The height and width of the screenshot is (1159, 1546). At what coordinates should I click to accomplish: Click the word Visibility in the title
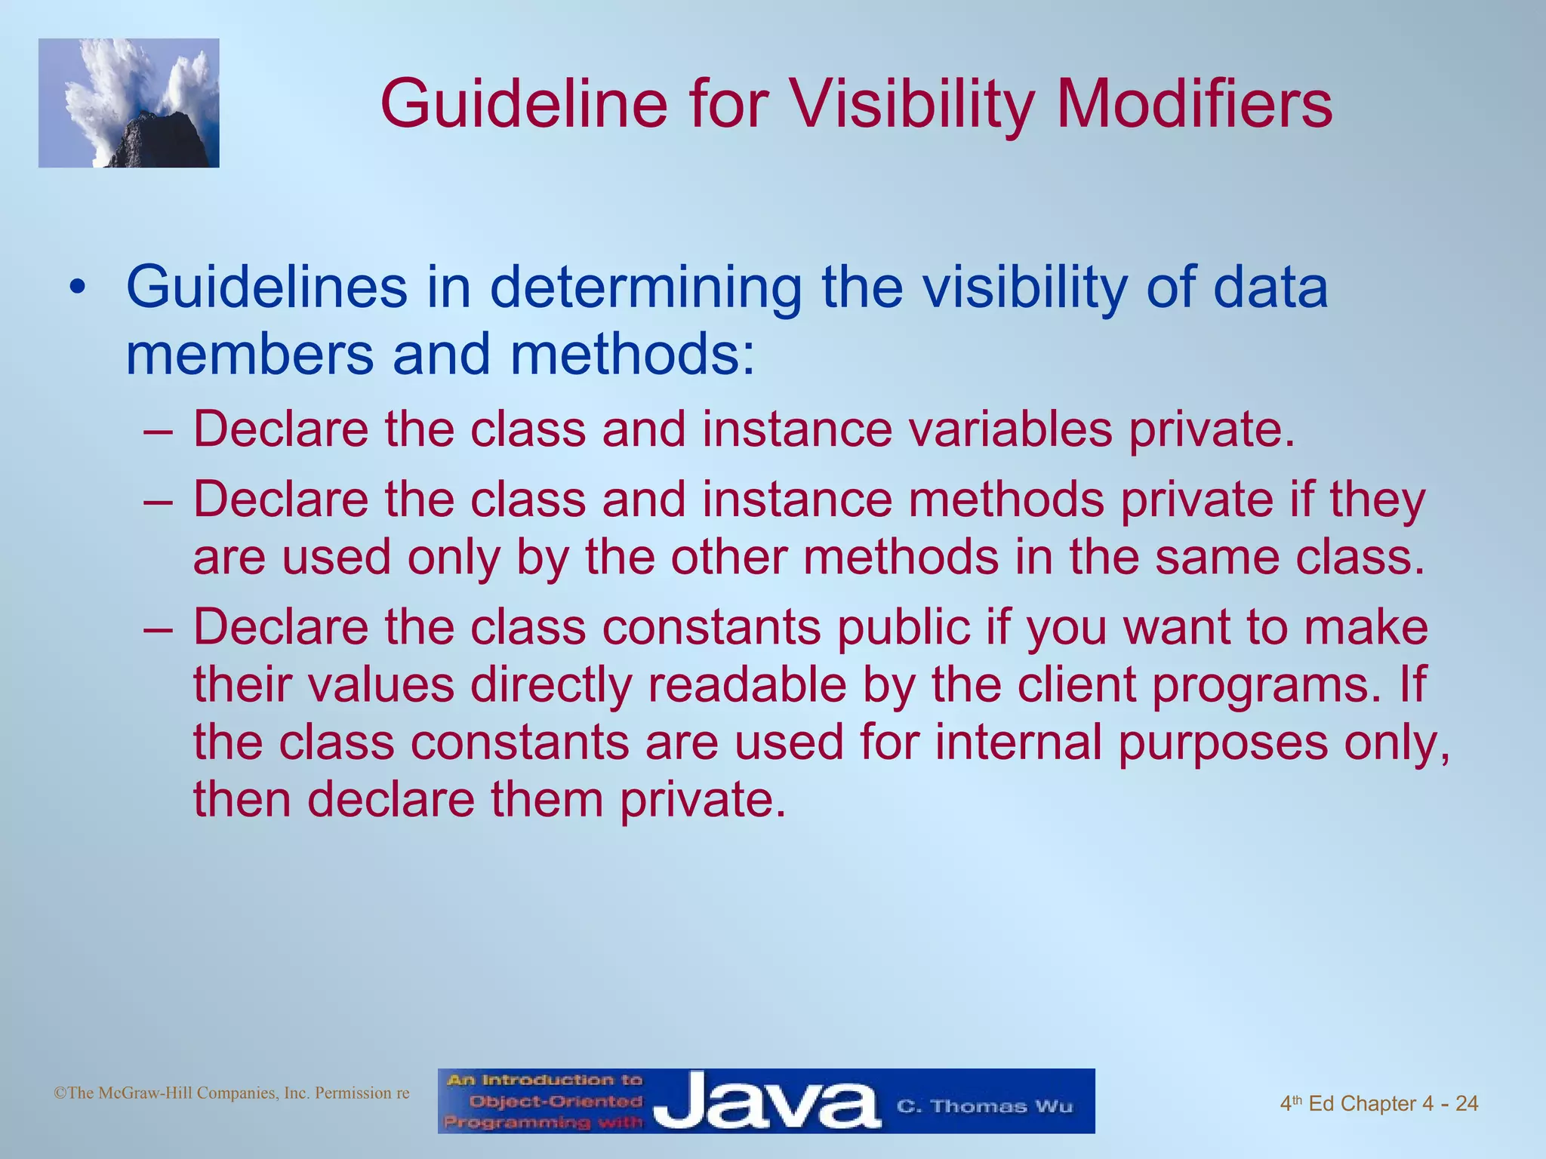click(914, 105)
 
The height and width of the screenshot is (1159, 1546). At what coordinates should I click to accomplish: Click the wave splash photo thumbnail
click(128, 103)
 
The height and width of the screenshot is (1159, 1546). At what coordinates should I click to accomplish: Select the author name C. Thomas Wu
click(984, 1106)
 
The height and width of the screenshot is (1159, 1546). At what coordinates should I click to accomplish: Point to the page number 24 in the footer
click(1466, 1104)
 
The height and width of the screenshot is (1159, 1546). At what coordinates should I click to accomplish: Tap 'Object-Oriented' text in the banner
click(555, 1102)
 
